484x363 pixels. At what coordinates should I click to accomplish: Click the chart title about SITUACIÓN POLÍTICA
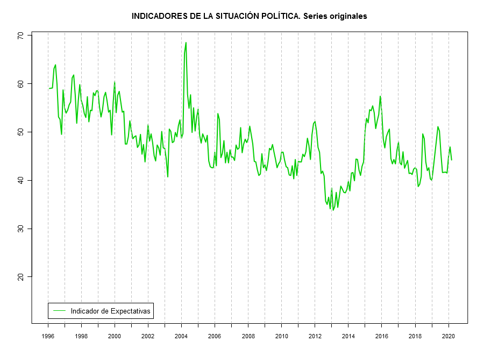point(249,16)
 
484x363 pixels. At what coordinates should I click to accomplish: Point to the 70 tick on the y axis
point(21,35)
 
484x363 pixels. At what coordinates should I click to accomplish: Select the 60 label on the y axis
point(21,84)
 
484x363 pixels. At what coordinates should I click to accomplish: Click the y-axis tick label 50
point(21,132)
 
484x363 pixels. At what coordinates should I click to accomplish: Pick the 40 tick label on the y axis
point(21,180)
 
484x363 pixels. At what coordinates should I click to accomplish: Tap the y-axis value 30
point(21,229)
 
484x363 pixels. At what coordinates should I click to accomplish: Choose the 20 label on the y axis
point(21,276)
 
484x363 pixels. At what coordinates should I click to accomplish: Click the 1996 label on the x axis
point(48,336)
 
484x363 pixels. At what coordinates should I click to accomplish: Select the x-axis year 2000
point(115,336)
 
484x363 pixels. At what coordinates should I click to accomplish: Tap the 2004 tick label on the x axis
point(181,336)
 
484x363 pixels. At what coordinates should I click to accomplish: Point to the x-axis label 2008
point(248,336)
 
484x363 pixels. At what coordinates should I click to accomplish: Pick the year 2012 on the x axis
point(315,336)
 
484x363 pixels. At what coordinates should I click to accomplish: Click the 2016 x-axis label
point(382,336)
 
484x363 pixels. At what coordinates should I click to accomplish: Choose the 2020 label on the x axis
point(449,336)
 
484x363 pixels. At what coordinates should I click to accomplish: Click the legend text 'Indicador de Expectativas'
point(110,311)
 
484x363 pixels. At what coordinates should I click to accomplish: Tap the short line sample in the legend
point(59,311)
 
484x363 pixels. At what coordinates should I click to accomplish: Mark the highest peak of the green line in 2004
point(186,42)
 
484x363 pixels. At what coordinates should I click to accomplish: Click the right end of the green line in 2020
point(452,160)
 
